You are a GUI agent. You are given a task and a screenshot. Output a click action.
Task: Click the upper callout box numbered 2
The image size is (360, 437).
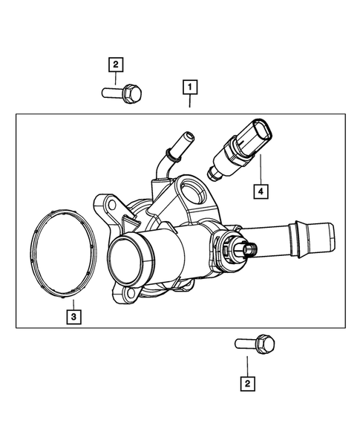pyautogui.click(x=115, y=65)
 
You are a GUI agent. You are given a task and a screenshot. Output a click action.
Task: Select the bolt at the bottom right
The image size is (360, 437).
pyautogui.click(x=255, y=344)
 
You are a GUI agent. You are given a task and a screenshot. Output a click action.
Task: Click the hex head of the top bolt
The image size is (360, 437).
pyautogui.click(x=134, y=93)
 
